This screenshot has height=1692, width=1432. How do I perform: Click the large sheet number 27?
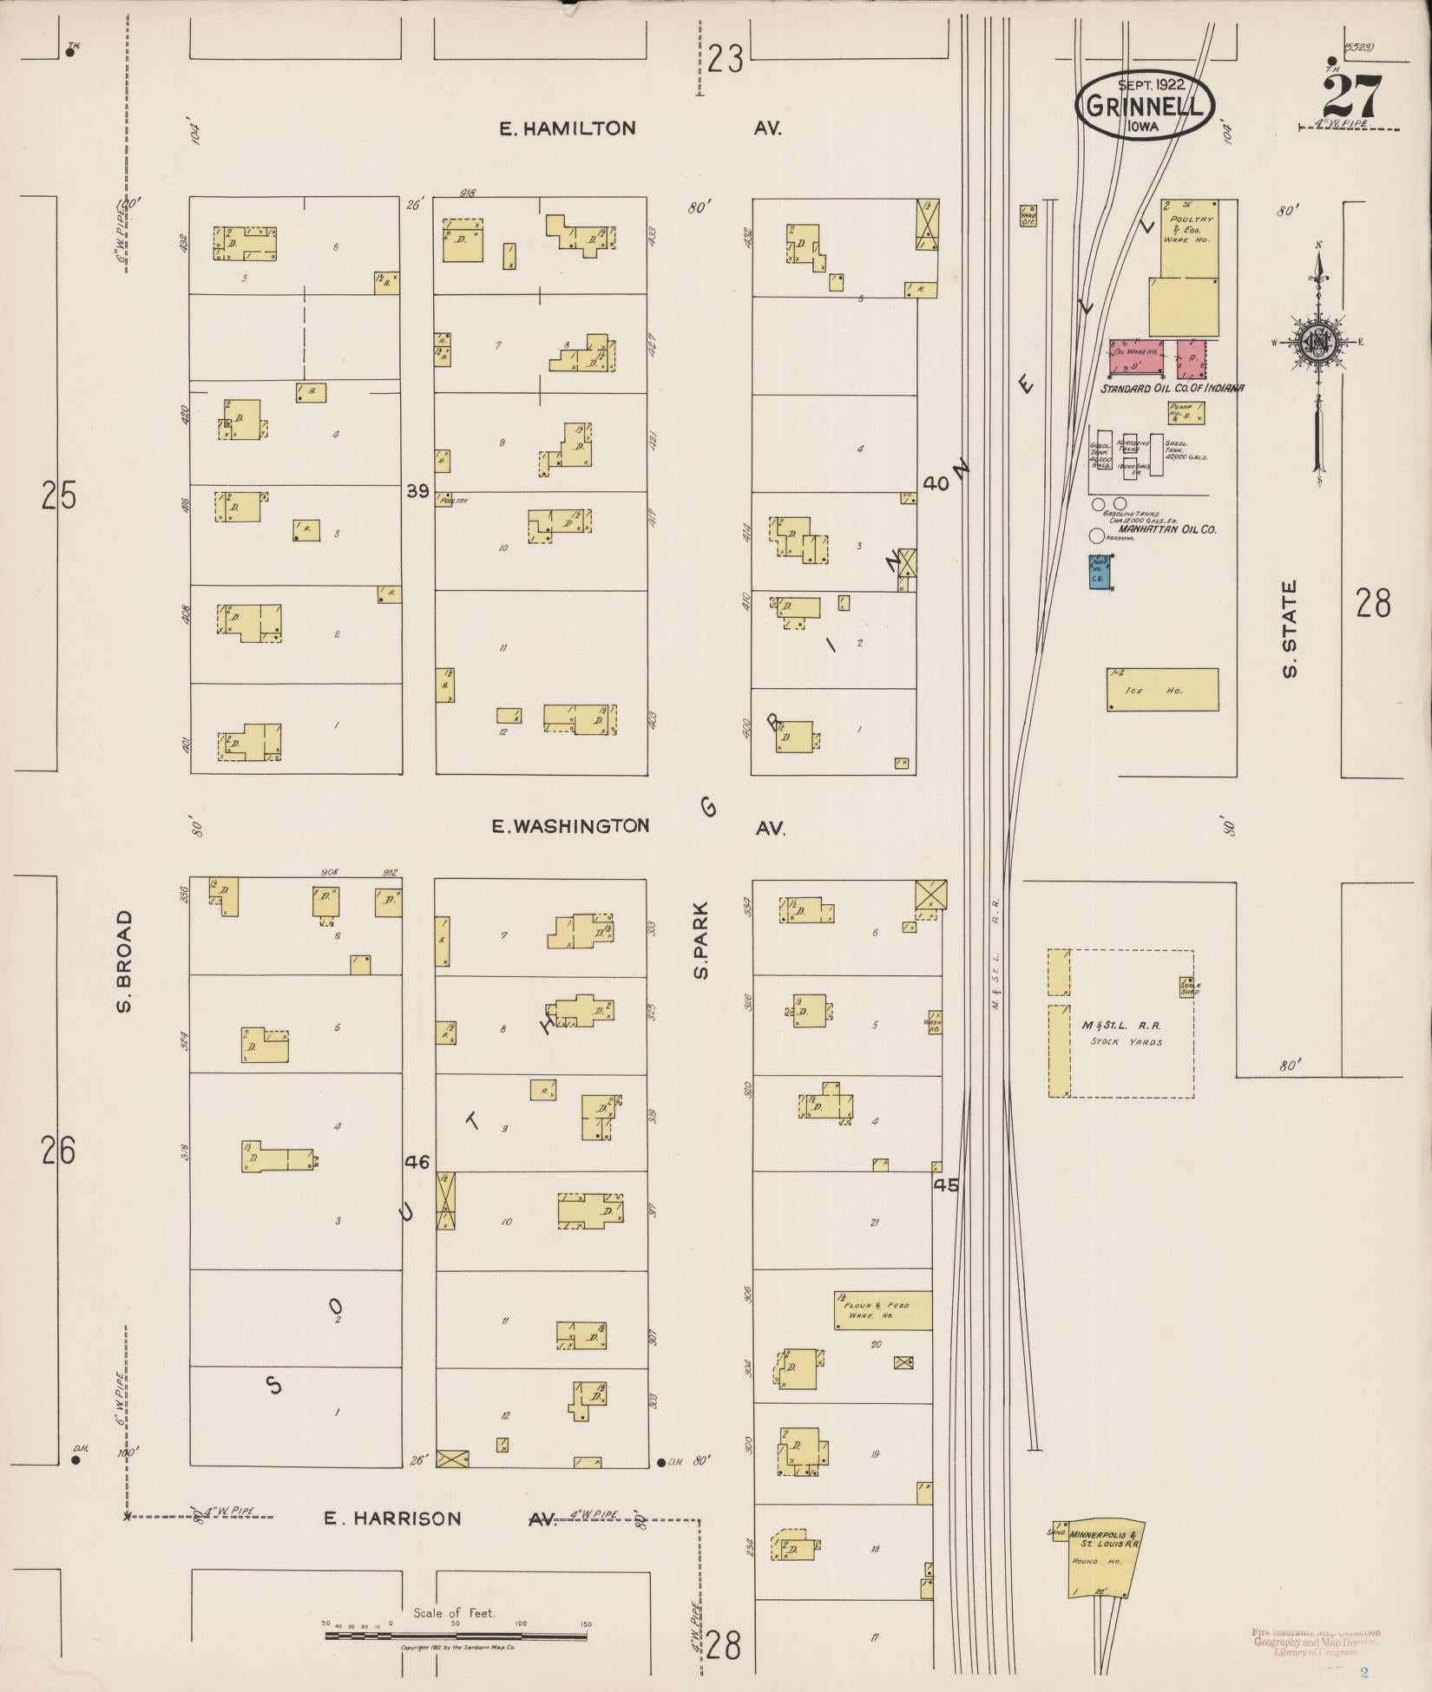click(x=1351, y=97)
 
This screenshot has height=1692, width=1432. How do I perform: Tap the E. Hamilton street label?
click(x=568, y=128)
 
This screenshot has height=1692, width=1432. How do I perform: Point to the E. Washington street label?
click(x=570, y=826)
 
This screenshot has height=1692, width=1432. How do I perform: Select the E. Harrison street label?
click(x=393, y=1518)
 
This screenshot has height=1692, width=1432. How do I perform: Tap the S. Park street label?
click(x=701, y=941)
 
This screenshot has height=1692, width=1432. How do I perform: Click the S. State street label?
click(x=1290, y=629)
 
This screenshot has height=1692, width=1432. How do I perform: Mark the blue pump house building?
click(x=1100, y=573)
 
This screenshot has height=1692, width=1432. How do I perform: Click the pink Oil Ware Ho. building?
click(x=1136, y=358)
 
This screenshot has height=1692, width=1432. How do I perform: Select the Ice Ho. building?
click(x=1162, y=690)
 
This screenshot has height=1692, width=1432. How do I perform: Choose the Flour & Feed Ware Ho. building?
click(x=884, y=1335)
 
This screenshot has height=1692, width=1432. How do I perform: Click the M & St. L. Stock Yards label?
click(x=1127, y=1033)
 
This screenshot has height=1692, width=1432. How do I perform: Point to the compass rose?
click(x=1317, y=343)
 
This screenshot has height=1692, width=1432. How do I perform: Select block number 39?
click(x=418, y=492)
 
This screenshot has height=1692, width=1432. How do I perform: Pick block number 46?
click(x=417, y=1162)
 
